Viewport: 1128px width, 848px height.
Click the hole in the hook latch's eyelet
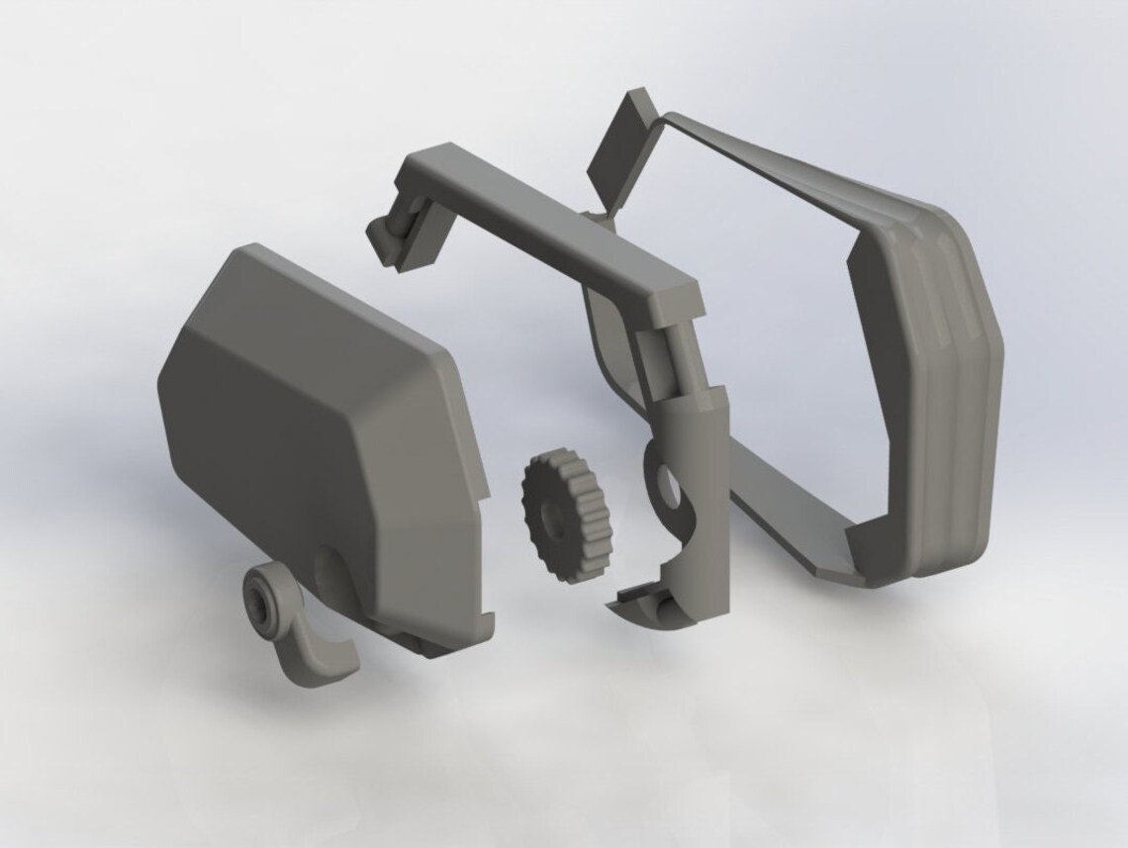click(x=265, y=596)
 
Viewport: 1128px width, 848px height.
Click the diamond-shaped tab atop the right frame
click(x=615, y=148)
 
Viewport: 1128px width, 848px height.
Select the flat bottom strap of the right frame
click(x=782, y=515)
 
